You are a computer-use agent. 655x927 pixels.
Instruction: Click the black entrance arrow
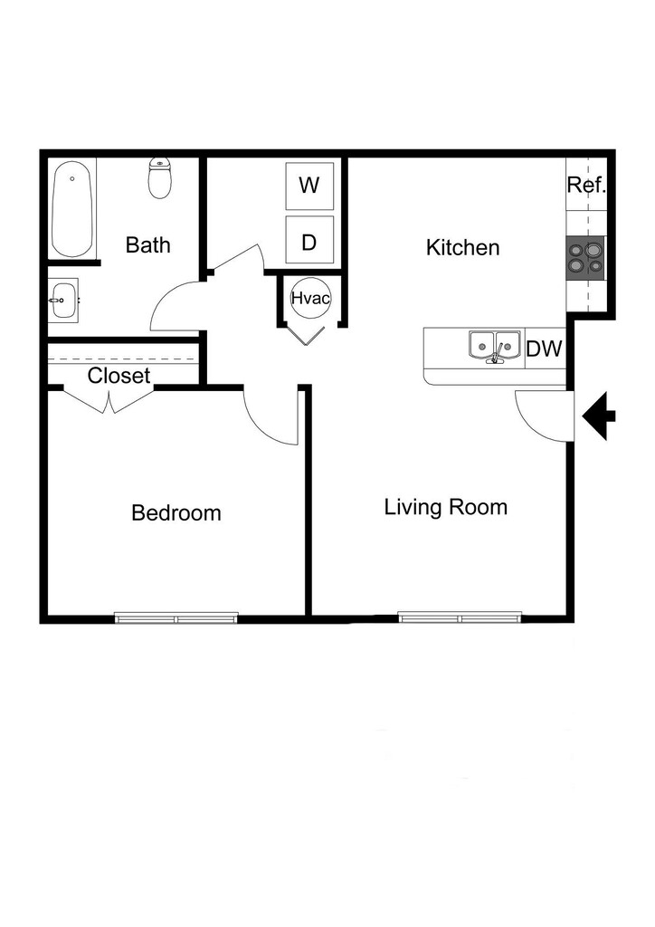coord(600,416)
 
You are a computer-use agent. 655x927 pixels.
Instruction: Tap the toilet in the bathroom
coord(160,178)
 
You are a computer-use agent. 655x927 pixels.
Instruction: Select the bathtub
coord(72,209)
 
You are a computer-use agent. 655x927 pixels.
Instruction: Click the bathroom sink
coord(63,299)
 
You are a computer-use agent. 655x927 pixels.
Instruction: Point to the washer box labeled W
coord(309,186)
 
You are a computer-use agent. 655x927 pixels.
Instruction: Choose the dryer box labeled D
coord(309,241)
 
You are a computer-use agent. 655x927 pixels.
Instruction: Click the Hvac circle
coord(309,297)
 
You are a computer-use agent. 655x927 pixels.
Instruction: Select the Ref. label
coord(585,186)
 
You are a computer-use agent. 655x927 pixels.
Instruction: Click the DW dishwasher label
coord(546,349)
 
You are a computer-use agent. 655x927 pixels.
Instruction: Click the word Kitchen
coord(462,247)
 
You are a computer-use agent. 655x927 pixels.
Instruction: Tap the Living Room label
coord(445,507)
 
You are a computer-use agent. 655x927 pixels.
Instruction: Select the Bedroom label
coord(176,513)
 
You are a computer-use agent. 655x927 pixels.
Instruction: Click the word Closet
coord(119,376)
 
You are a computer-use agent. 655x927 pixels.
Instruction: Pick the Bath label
coord(147,245)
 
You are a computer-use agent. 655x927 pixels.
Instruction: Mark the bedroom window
coord(176,619)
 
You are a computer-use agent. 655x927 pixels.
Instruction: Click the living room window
coord(460,619)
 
